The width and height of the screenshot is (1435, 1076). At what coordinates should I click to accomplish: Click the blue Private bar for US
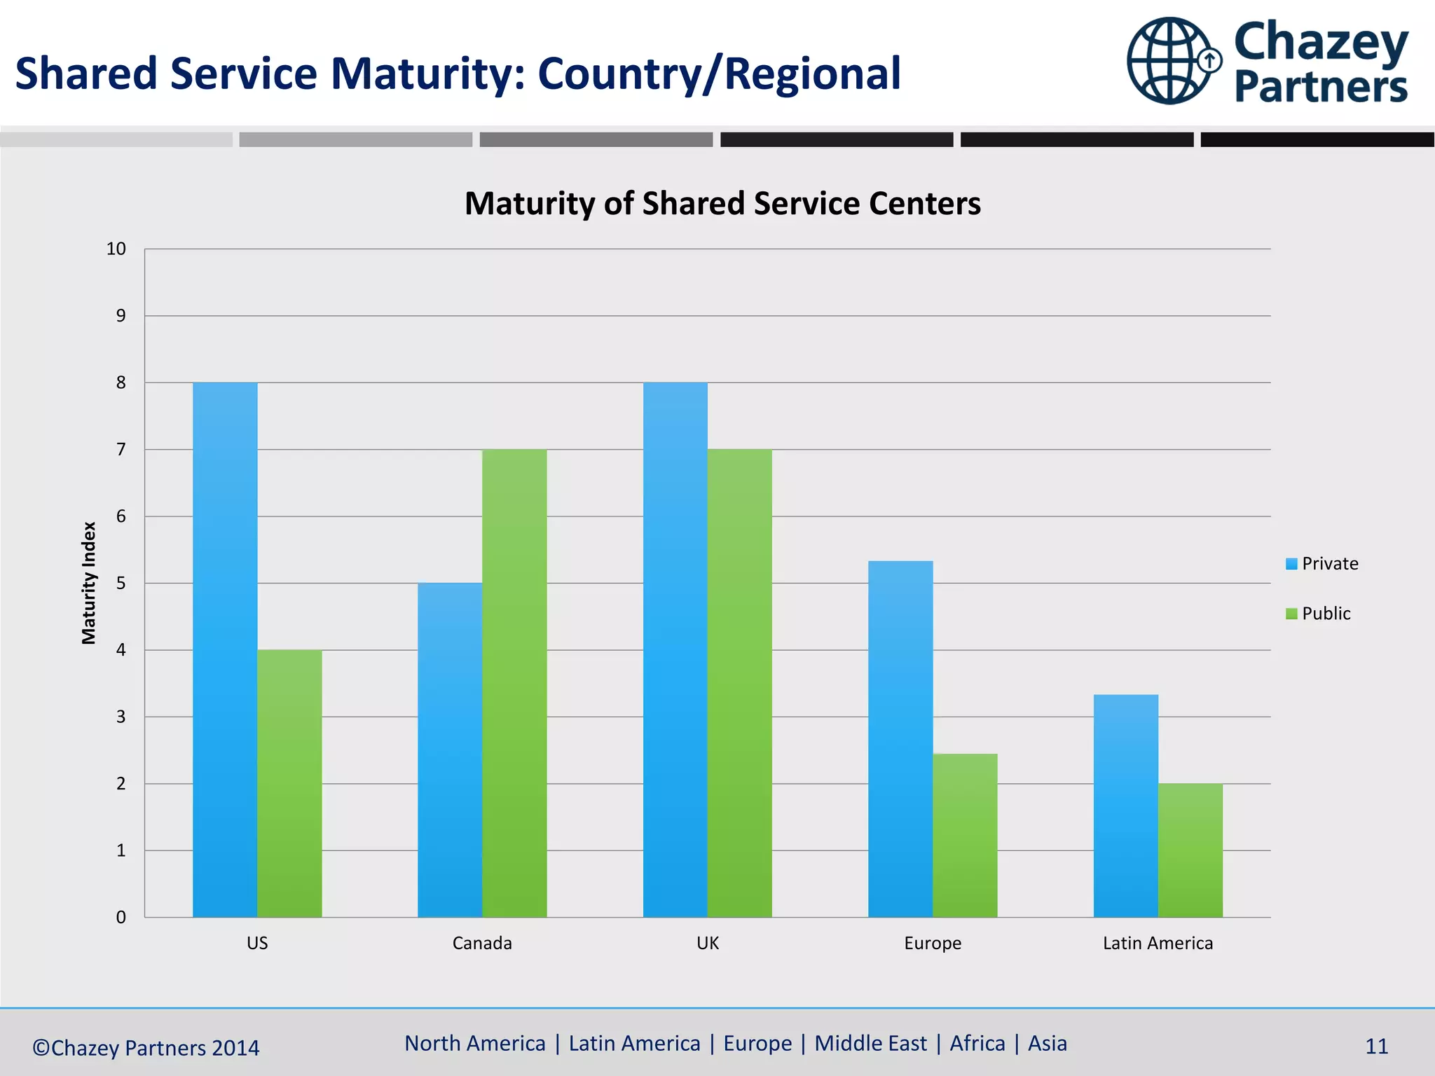tap(225, 649)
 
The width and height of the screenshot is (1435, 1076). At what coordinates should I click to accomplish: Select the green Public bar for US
tap(289, 783)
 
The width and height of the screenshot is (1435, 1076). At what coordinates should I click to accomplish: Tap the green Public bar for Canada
tap(514, 683)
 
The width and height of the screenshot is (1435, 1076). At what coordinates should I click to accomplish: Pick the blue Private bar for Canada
tap(450, 750)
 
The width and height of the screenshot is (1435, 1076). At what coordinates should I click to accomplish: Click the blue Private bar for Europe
tap(900, 738)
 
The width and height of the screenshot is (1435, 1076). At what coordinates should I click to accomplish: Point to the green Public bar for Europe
tap(965, 835)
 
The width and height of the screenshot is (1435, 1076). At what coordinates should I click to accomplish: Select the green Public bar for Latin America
tap(1190, 850)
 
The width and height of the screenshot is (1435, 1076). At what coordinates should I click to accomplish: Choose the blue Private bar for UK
tap(675, 649)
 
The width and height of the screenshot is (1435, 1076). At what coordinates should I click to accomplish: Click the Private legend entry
tap(1322, 564)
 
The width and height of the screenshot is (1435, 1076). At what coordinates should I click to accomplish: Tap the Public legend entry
tap(1318, 614)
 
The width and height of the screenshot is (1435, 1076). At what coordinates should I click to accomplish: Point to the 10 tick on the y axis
tap(116, 249)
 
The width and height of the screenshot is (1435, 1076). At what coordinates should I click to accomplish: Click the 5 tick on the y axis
tap(121, 583)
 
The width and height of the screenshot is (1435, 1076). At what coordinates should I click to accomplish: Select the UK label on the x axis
tap(708, 943)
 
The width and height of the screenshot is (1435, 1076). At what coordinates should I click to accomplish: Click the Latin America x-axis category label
tap(1158, 943)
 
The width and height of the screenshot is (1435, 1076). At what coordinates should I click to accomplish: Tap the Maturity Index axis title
tap(89, 583)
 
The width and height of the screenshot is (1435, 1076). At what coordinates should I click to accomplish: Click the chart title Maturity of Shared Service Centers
tap(722, 204)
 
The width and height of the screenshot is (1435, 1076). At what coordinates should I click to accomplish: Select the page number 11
tap(1376, 1047)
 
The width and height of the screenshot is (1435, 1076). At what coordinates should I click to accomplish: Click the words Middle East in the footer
tap(870, 1043)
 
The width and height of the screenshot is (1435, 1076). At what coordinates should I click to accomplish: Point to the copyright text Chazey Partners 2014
tap(146, 1048)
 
